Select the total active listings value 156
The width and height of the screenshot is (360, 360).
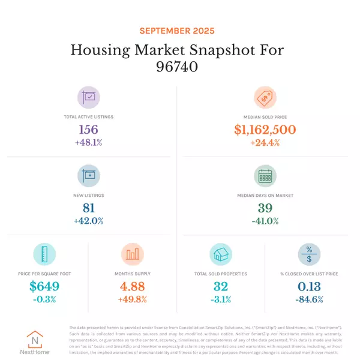point(89,129)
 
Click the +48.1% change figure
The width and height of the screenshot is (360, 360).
point(89,142)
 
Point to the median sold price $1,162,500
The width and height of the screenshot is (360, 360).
point(265,129)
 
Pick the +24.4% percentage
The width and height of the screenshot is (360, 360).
point(265,142)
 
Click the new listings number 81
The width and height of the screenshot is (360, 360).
point(89,208)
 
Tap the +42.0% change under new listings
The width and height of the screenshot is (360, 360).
point(89,221)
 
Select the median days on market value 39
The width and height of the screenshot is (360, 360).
point(265,208)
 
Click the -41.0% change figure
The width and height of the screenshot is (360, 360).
point(265,221)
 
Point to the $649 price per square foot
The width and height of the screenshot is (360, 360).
point(44,287)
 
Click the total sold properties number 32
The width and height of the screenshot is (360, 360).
point(220,287)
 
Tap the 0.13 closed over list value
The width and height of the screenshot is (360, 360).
point(309,287)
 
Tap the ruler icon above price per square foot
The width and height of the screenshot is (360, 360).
point(44,254)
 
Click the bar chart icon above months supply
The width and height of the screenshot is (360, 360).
point(133,254)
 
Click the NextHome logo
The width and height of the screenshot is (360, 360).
point(38,342)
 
